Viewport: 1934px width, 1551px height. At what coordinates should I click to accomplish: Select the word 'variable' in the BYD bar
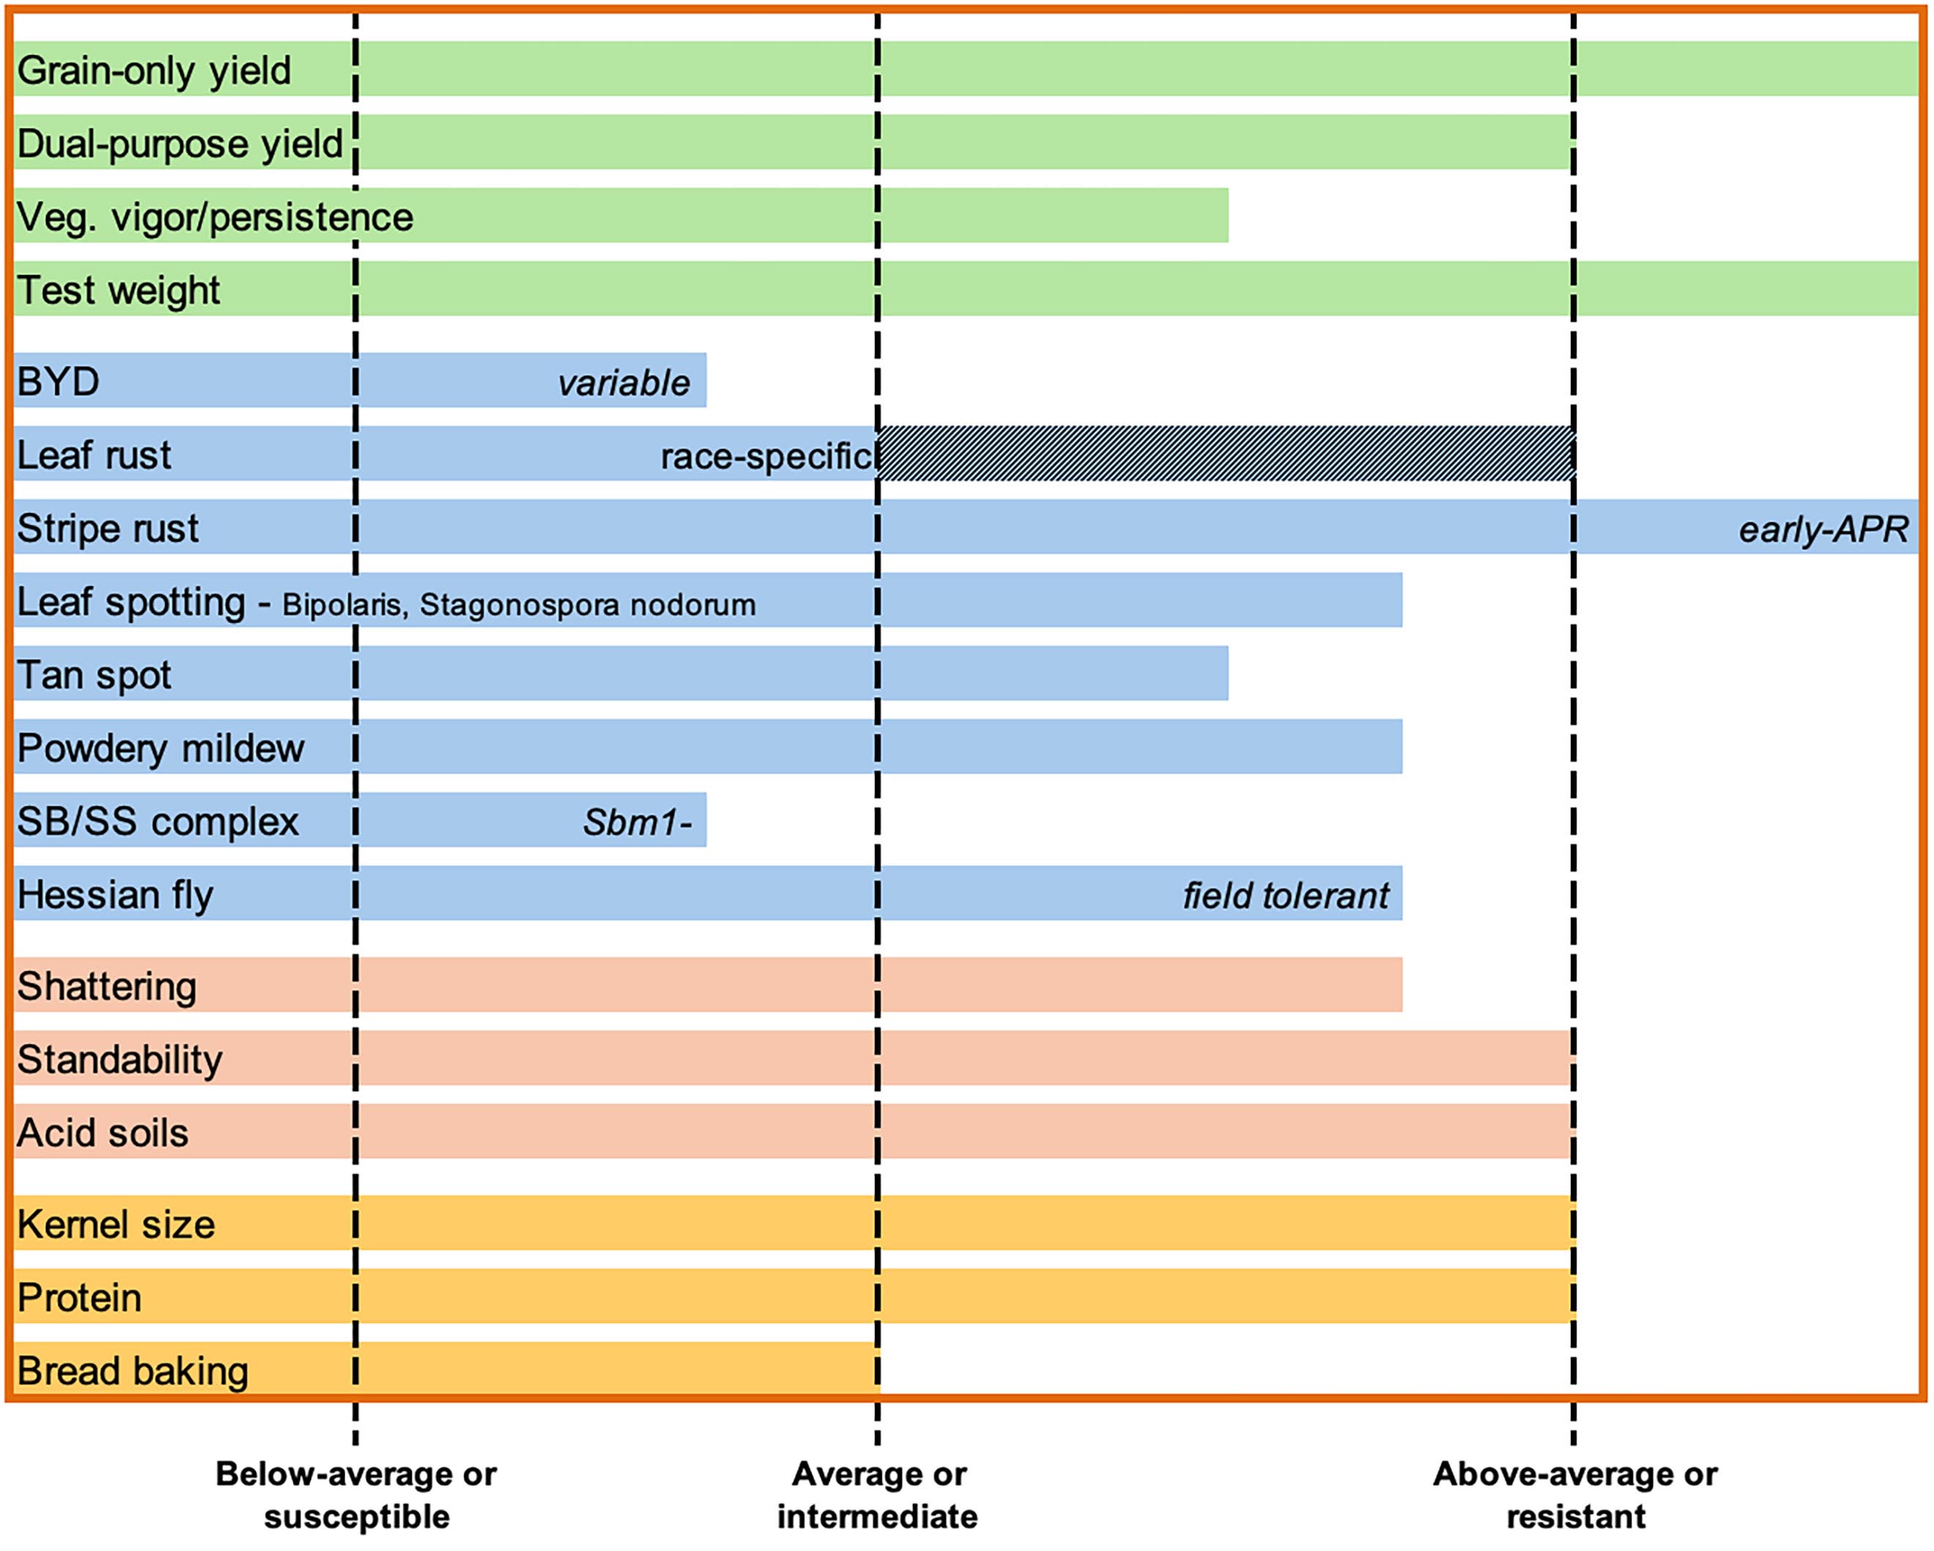click(x=623, y=383)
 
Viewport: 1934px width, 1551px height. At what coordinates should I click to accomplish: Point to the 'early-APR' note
click(x=1823, y=529)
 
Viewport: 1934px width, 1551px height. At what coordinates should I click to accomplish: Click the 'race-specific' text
click(x=767, y=456)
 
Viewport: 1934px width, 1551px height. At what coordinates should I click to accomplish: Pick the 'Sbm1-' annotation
click(x=637, y=822)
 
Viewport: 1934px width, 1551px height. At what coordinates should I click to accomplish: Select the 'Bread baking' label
click(x=132, y=1371)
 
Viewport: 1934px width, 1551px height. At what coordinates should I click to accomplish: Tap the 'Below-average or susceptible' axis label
click(x=356, y=1495)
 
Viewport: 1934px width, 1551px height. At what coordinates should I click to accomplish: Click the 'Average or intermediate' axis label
click(x=878, y=1495)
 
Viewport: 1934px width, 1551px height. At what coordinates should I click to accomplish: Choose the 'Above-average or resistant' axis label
click(x=1574, y=1495)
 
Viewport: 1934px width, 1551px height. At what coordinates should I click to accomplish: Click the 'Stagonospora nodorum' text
click(x=588, y=604)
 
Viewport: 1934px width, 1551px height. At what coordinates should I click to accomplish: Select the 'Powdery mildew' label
click(x=160, y=748)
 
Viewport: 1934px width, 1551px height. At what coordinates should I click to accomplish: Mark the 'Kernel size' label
click(x=116, y=1224)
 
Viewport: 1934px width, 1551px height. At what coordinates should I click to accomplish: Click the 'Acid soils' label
click(x=103, y=1132)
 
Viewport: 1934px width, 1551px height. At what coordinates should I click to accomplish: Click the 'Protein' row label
click(x=79, y=1297)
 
